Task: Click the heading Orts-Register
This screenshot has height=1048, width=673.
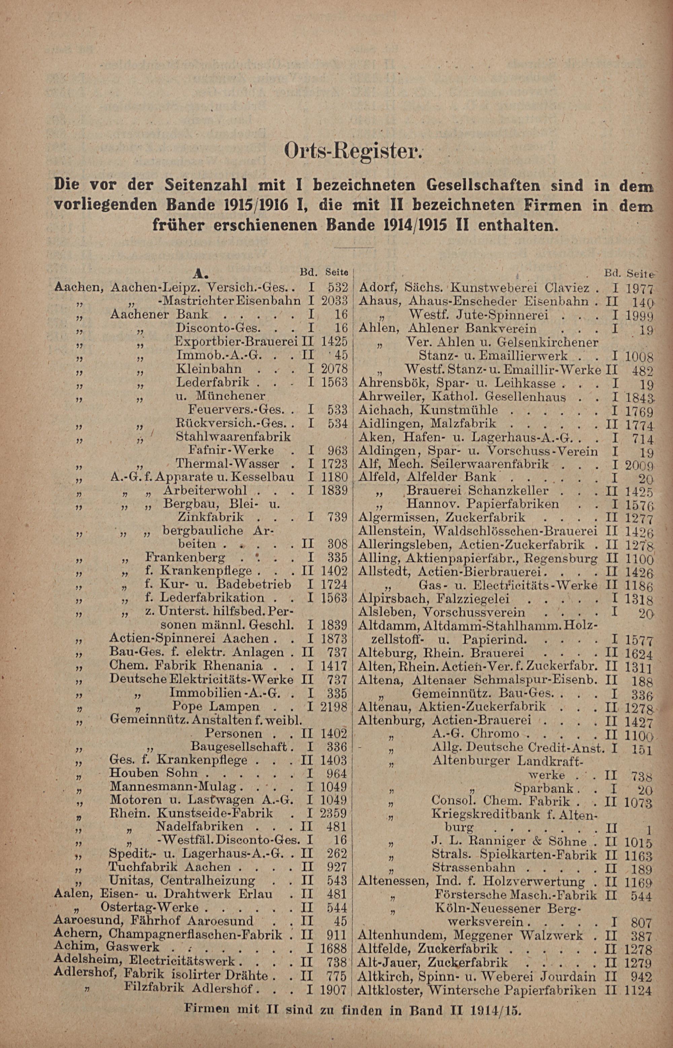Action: point(353,151)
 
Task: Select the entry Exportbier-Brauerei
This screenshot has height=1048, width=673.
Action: point(237,341)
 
